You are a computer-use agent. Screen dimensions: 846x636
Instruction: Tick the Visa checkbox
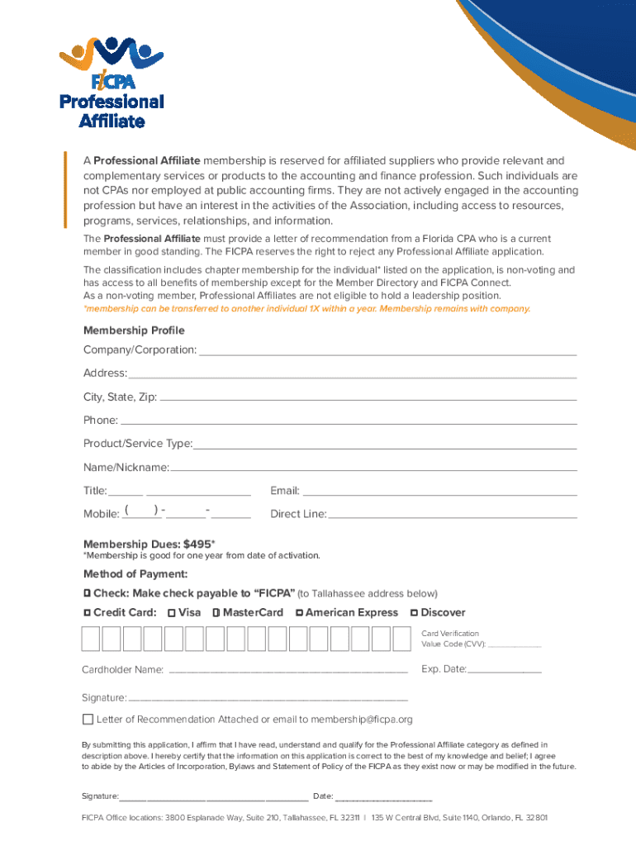(171, 613)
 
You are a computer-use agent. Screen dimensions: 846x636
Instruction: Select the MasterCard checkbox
(216, 613)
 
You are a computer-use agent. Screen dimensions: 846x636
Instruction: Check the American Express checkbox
(299, 613)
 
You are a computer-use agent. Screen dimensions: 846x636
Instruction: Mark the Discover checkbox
(414, 613)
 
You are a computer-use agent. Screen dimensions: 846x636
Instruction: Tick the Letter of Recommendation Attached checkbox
(88, 719)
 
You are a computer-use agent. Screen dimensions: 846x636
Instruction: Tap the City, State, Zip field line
(367, 400)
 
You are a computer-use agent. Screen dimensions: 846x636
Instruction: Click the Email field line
(439, 494)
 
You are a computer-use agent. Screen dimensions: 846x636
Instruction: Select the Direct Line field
(452, 517)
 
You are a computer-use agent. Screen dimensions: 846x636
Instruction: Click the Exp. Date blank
(505, 673)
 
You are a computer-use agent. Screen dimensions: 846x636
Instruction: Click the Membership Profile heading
(134, 330)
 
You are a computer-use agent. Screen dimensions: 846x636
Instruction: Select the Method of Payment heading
(135, 573)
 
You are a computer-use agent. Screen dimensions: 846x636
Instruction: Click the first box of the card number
(90, 639)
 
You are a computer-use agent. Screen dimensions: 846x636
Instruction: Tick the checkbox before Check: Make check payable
(87, 594)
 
